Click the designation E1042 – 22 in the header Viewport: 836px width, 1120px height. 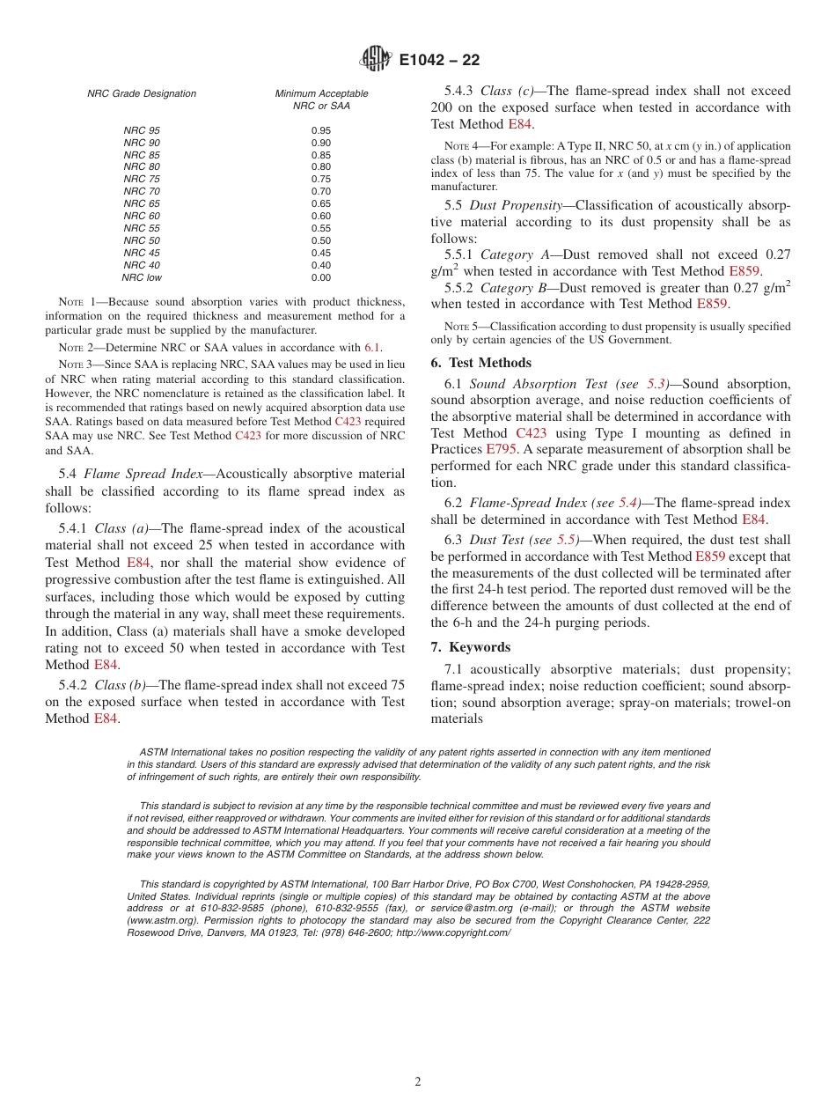pos(439,61)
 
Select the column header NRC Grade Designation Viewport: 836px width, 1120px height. pos(142,93)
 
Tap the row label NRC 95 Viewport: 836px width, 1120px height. pos(142,130)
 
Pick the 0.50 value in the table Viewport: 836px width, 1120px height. pos(321,240)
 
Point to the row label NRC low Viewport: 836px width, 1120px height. pos(142,277)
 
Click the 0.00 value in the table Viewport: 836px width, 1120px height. pos(321,277)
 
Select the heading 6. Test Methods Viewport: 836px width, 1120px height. pos(480,363)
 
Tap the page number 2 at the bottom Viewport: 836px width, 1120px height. pos(418,1082)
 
